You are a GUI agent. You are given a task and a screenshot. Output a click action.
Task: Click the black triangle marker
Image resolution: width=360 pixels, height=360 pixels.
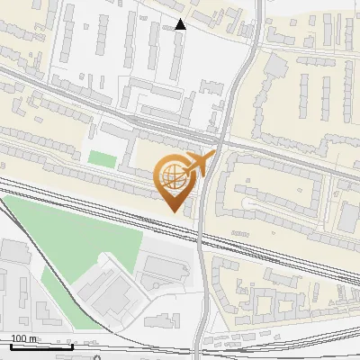click(181, 24)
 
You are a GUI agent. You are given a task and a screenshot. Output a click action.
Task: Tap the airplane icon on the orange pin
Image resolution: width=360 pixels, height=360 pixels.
click(197, 165)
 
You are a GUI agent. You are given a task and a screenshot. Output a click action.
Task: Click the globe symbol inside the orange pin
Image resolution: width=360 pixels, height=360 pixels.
click(175, 177)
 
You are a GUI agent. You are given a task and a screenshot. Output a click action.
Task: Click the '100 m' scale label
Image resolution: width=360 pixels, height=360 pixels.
click(24, 338)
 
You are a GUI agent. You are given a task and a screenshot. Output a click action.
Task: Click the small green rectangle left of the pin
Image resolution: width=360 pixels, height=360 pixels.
click(102, 159)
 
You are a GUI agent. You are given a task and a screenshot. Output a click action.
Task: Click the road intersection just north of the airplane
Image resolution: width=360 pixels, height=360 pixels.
click(219, 141)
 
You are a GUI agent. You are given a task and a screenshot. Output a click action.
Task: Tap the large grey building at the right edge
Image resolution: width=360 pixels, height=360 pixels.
click(349, 216)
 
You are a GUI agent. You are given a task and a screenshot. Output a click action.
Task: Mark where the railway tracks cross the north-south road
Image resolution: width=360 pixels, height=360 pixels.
click(202, 237)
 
